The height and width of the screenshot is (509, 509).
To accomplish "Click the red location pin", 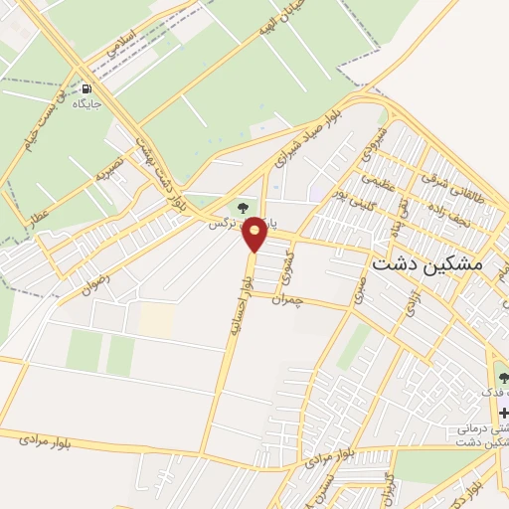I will (x=255, y=234).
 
